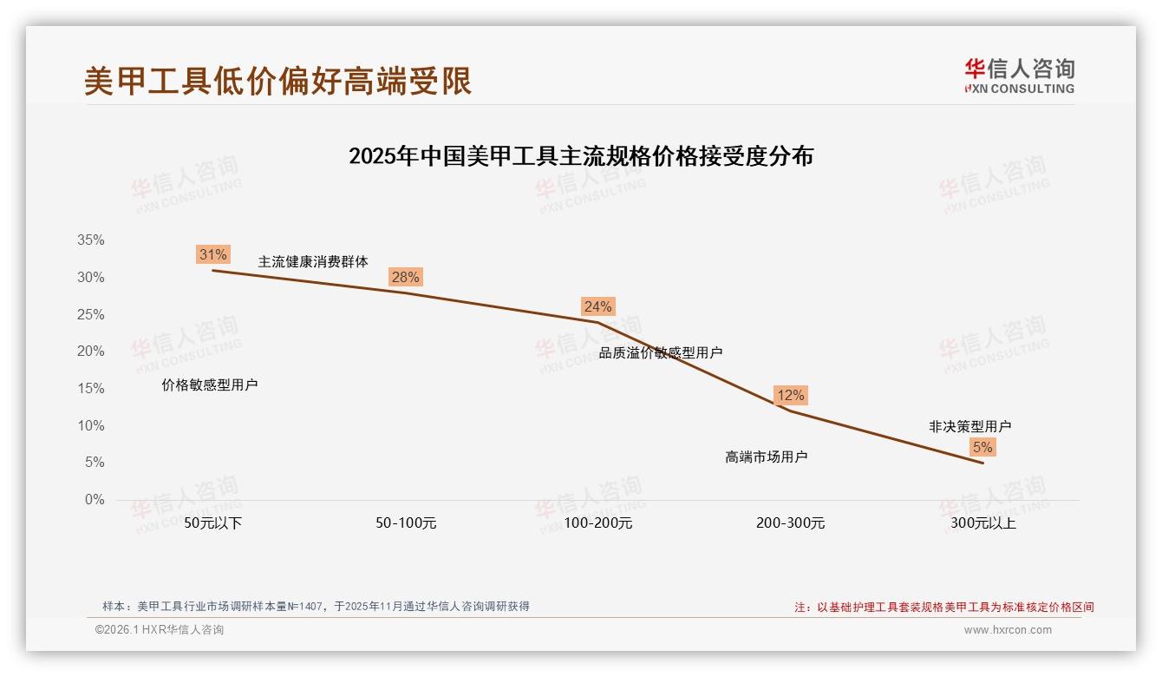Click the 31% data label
pyautogui.click(x=212, y=254)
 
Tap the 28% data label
pyautogui.click(x=405, y=277)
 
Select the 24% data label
pyautogui.click(x=597, y=306)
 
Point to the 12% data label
pyautogui.click(x=790, y=395)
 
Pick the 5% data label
pyautogui.click(x=982, y=447)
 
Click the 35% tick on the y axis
pyautogui.click(x=90, y=240)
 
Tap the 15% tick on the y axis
pyautogui.click(x=90, y=389)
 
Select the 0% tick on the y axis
pyautogui.click(x=94, y=500)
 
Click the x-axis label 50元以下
pyautogui.click(x=212, y=523)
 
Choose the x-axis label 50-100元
pyautogui.click(x=405, y=523)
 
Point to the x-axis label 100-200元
pyautogui.click(x=597, y=523)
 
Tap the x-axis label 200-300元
pyautogui.click(x=790, y=523)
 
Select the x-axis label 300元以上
pyautogui.click(x=982, y=523)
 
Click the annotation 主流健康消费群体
pyautogui.click(x=313, y=261)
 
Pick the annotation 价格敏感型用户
pyautogui.click(x=210, y=385)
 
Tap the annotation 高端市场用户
pyautogui.click(x=767, y=457)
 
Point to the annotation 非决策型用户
pyautogui.click(x=969, y=426)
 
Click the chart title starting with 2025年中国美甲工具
pyautogui.click(x=581, y=156)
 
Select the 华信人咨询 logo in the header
pyautogui.click(x=1019, y=76)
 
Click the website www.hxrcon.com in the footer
pyautogui.click(x=1008, y=630)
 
